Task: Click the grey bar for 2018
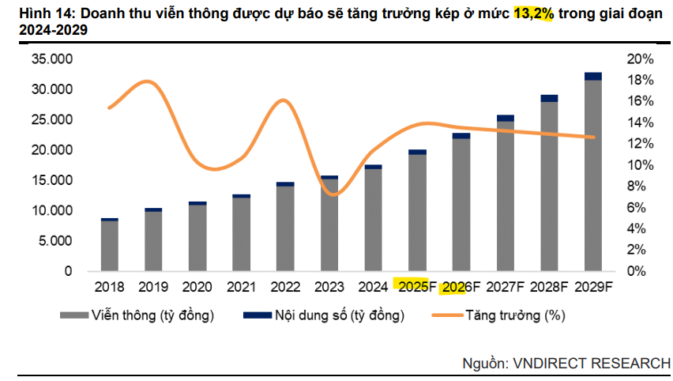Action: pos(110,246)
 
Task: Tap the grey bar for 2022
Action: pos(285,228)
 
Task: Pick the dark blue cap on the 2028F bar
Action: pos(549,99)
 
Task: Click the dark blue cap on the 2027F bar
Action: pos(506,119)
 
